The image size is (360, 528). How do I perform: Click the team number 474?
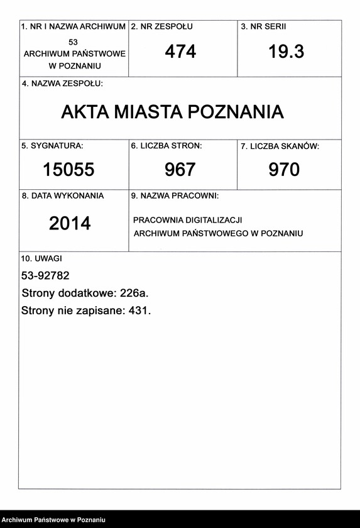(x=180, y=52)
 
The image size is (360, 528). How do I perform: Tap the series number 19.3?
(x=286, y=52)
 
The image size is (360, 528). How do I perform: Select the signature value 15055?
(x=68, y=169)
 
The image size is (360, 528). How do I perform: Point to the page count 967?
(x=180, y=169)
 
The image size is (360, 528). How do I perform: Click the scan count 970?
(x=284, y=169)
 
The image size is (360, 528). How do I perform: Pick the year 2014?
(x=70, y=223)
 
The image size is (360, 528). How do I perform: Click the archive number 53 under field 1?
(x=74, y=41)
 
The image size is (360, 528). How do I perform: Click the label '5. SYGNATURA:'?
(x=52, y=146)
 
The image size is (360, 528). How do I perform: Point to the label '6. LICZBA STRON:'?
(x=166, y=146)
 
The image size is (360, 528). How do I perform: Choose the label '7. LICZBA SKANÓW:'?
(x=280, y=146)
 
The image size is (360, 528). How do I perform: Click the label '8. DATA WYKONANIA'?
(x=63, y=196)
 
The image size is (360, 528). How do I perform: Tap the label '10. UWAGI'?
(x=41, y=258)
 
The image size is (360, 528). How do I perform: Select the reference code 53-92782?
(x=45, y=275)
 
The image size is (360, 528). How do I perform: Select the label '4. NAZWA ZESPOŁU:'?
(x=62, y=84)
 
